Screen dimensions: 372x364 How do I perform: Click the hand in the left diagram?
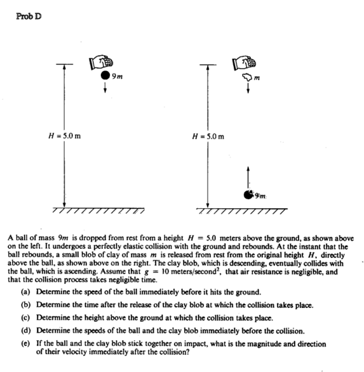click(102, 62)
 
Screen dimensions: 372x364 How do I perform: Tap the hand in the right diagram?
click(246, 61)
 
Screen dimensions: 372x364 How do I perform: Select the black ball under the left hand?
click(103, 76)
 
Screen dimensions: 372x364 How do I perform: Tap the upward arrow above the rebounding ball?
click(246, 176)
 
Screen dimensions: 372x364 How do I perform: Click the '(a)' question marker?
click(39, 292)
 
